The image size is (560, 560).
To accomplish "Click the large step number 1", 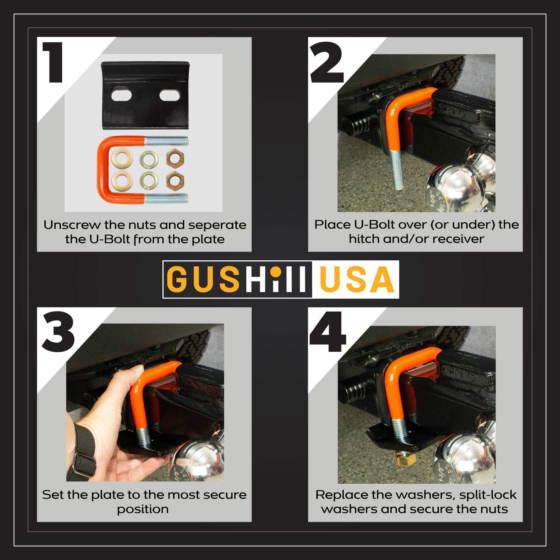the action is point(53,62).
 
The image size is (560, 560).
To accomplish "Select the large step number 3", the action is point(58,331).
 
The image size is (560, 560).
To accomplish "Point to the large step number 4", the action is point(328,332).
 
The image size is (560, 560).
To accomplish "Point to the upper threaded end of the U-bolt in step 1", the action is point(166,141).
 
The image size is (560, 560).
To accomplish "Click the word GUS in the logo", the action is point(203,279).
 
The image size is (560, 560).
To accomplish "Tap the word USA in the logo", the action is point(357,279).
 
